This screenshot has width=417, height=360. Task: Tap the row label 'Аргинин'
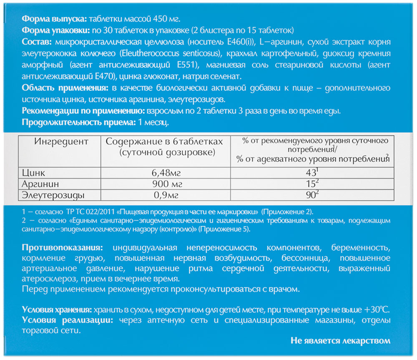41,184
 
